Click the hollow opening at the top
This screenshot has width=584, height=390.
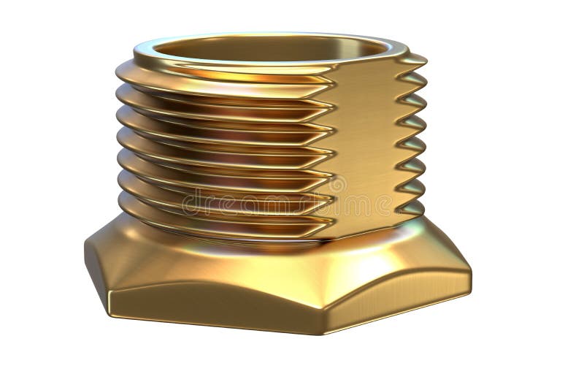coord(270,51)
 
